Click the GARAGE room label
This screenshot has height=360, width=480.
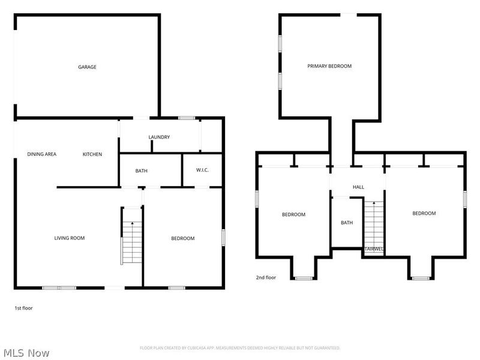click(87, 67)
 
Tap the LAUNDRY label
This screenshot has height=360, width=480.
click(159, 137)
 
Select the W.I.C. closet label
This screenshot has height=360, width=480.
click(202, 171)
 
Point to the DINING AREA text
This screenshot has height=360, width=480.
click(42, 154)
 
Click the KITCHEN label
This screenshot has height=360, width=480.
click(92, 154)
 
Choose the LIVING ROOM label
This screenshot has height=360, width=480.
click(70, 238)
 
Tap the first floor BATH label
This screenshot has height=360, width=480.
click(141, 171)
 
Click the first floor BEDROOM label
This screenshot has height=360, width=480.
click(183, 238)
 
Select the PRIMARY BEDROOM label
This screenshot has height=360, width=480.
click(329, 66)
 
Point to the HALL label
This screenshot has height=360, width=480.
click(358, 187)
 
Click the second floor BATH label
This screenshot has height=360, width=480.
click(347, 223)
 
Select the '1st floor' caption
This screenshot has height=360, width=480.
click(23, 308)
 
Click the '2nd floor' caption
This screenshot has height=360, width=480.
click(266, 278)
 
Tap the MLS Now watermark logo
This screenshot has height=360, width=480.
click(26, 353)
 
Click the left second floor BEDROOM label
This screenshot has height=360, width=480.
click(294, 214)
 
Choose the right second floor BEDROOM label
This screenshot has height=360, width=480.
click(424, 213)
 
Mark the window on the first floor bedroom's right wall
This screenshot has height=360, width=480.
click(223, 237)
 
